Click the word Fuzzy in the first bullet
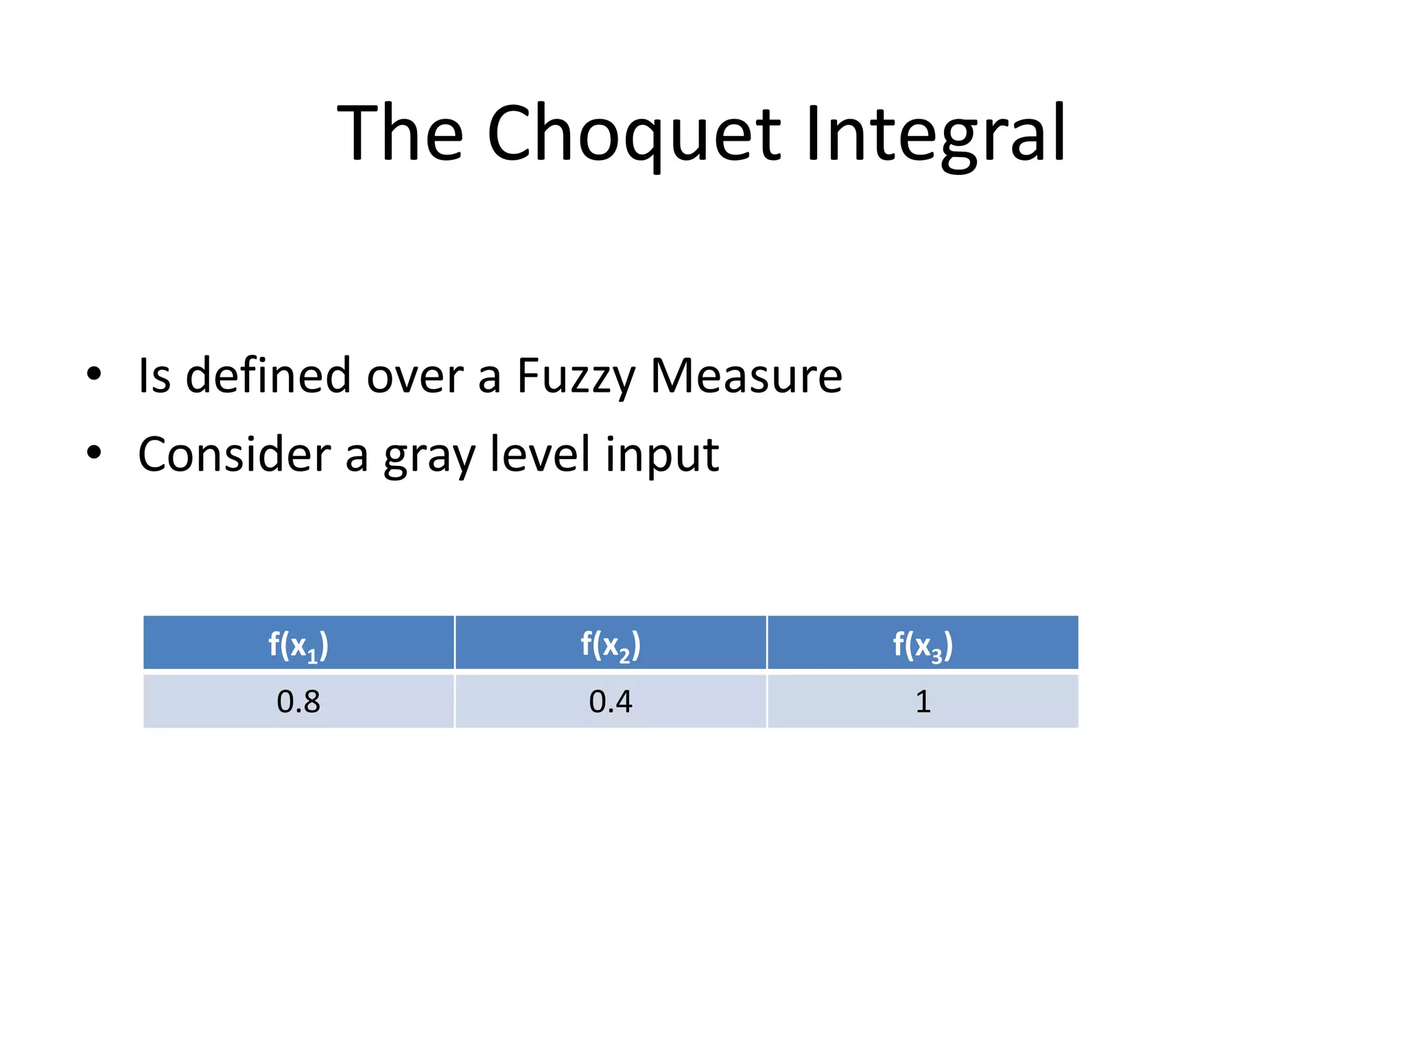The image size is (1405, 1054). pyautogui.click(x=576, y=376)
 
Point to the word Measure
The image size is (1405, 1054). pyautogui.click(x=746, y=376)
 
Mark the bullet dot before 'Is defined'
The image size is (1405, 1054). pyautogui.click(x=94, y=375)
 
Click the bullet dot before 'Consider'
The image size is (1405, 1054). pyautogui.click(x=94, y=453)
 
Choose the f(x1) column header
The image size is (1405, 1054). pyautogui.click(x=298, y=644)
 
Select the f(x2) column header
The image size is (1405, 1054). pyautogui.click(x=611, y=644)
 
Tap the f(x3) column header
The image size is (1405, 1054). pyautogui.click(x=923, y=644)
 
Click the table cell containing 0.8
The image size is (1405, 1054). pyautogui.click(x=298, y=701)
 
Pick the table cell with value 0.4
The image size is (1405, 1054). pyautogui.click(x=611, y=701)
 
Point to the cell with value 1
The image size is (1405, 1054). pyautogui.click(x=923, y=701)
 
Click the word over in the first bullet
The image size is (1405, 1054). pyautogui.click(x=414, y=376)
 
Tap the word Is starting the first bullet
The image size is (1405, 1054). pyautogui.click(x=154, y=376)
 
